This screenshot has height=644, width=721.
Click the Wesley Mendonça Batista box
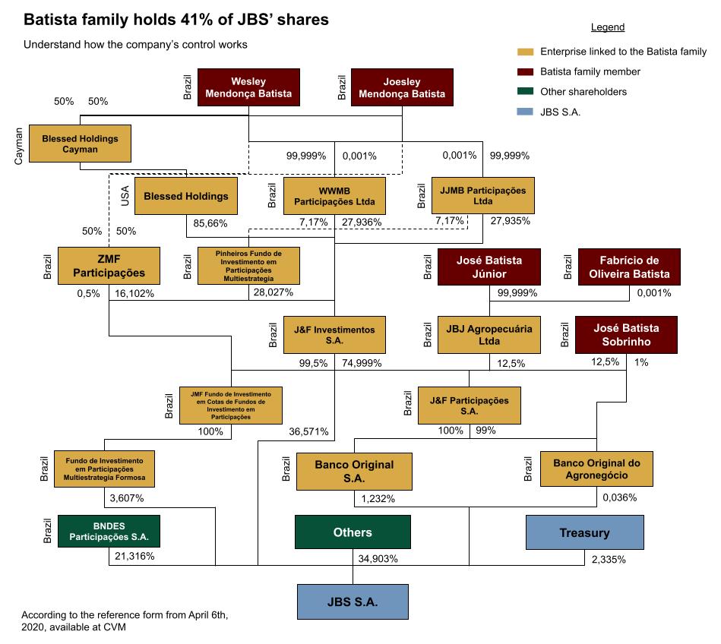pyautogui.click(x=248, y=87)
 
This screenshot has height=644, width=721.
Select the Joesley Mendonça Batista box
pyautogui.click(x=402, y=87)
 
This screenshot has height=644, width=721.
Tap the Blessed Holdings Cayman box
pyautogui.click(x=80, y=144)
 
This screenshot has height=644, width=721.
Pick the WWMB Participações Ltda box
pyautogui.click(x=334, y=196)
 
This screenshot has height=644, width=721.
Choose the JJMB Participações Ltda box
pyautogui.click(x=482, y=196)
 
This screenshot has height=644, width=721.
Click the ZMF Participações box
pyautogui.click(x=110, y=265)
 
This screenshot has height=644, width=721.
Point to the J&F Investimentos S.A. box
pyautogui.click(x=334, y=335)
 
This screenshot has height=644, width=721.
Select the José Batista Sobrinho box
pyautogui.click(x=628, y=335)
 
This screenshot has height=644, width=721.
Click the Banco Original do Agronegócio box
pyautogui.click(x=596, y=469)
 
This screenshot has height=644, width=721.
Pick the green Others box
pyautogui.click(x=353, y=532)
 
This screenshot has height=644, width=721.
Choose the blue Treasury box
pyautogui.click(x=584, y=532)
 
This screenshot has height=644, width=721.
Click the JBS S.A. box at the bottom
pyautogui.click(x=353, y=602)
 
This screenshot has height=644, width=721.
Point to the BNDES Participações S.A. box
pyautogui.click(x=109, y=532)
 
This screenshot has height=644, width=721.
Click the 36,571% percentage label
pyautogui.click(x=308, y=431)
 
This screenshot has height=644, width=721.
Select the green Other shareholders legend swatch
pyautogui.click(x=524, y=92)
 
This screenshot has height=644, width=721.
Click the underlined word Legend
pyautogui.click(x=607, y=27)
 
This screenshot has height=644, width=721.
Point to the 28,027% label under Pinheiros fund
pyautogui.click(x=271, y=292)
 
